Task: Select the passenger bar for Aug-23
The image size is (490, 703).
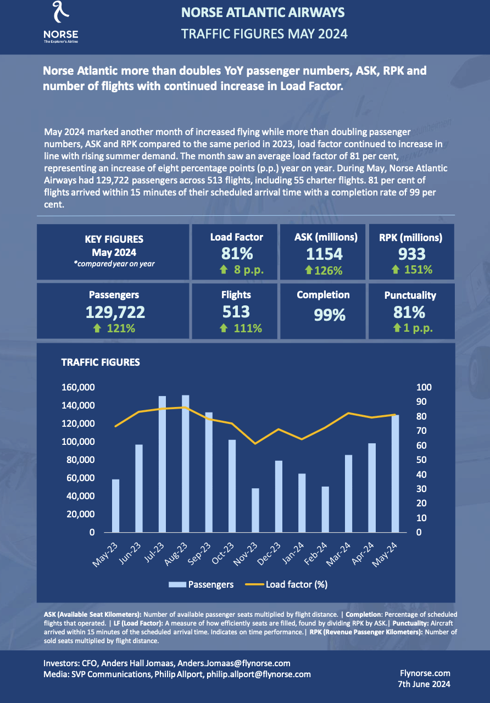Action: point(186,464)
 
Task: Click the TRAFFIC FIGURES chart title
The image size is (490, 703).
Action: point(101,362)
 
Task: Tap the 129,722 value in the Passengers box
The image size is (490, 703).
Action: point(115,313)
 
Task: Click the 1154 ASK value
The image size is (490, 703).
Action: point(324,254)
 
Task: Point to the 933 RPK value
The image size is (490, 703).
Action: point(411,254)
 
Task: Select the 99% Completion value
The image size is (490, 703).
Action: point(330,315)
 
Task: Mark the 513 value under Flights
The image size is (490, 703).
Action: point(236,311)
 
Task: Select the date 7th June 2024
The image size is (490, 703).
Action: point(424,684)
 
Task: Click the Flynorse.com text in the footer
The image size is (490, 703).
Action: point(426,673)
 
